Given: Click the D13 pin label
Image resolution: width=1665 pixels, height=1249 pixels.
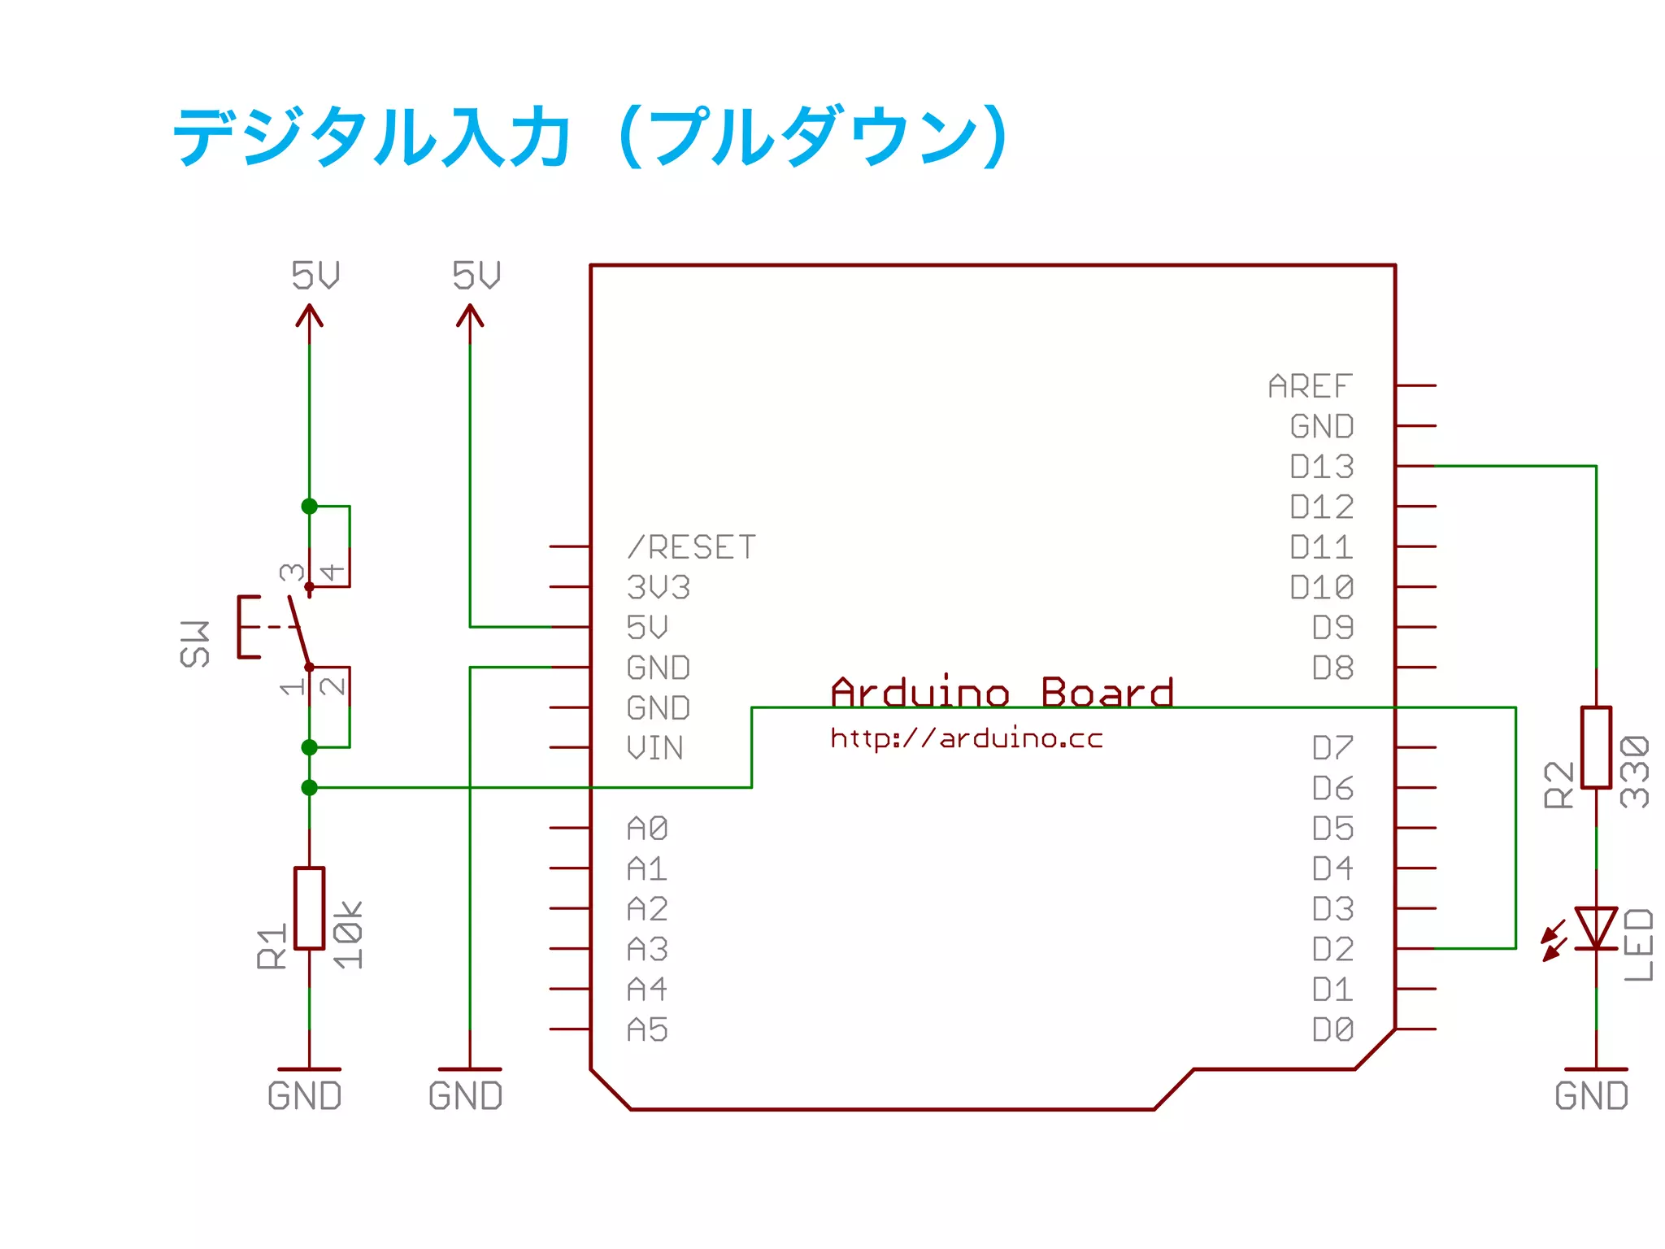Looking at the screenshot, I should point(1322,467).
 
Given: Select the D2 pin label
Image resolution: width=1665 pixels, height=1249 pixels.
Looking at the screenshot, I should point(1332,949).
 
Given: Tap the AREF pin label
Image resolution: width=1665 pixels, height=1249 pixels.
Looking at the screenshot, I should point(1310,386).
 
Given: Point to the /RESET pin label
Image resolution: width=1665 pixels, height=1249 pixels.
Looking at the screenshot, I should point(692,547).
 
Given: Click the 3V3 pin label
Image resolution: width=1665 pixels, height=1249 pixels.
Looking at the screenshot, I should point(659,587).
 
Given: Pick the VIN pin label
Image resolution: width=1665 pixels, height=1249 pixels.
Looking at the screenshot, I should point(655,748).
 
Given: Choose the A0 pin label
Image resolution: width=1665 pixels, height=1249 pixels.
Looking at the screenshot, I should point(648,829).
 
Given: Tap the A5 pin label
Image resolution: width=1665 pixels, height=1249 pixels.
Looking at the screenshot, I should point(648,1030).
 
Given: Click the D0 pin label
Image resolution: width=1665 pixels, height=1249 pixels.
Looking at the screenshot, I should point(1332,1030).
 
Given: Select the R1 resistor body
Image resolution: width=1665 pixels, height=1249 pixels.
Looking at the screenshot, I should point(309,908).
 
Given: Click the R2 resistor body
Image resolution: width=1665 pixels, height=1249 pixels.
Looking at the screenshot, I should point(1596,747).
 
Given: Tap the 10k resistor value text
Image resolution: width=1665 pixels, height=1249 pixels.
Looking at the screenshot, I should point(349,935).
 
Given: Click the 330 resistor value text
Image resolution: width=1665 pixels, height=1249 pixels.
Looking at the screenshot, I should point(1635,772).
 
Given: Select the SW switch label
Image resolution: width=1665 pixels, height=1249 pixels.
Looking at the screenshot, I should point(195,645).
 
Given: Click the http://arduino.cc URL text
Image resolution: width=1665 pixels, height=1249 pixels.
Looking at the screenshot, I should point(967,738).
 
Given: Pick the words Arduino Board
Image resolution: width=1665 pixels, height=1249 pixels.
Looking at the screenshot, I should point(1002,693).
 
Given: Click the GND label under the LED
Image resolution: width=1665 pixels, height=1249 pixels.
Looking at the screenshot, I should point(1592,1096).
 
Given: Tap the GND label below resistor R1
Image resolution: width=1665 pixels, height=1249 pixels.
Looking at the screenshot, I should point(305,1096).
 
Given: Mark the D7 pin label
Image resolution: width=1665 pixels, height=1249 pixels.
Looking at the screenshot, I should point(1332,748).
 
